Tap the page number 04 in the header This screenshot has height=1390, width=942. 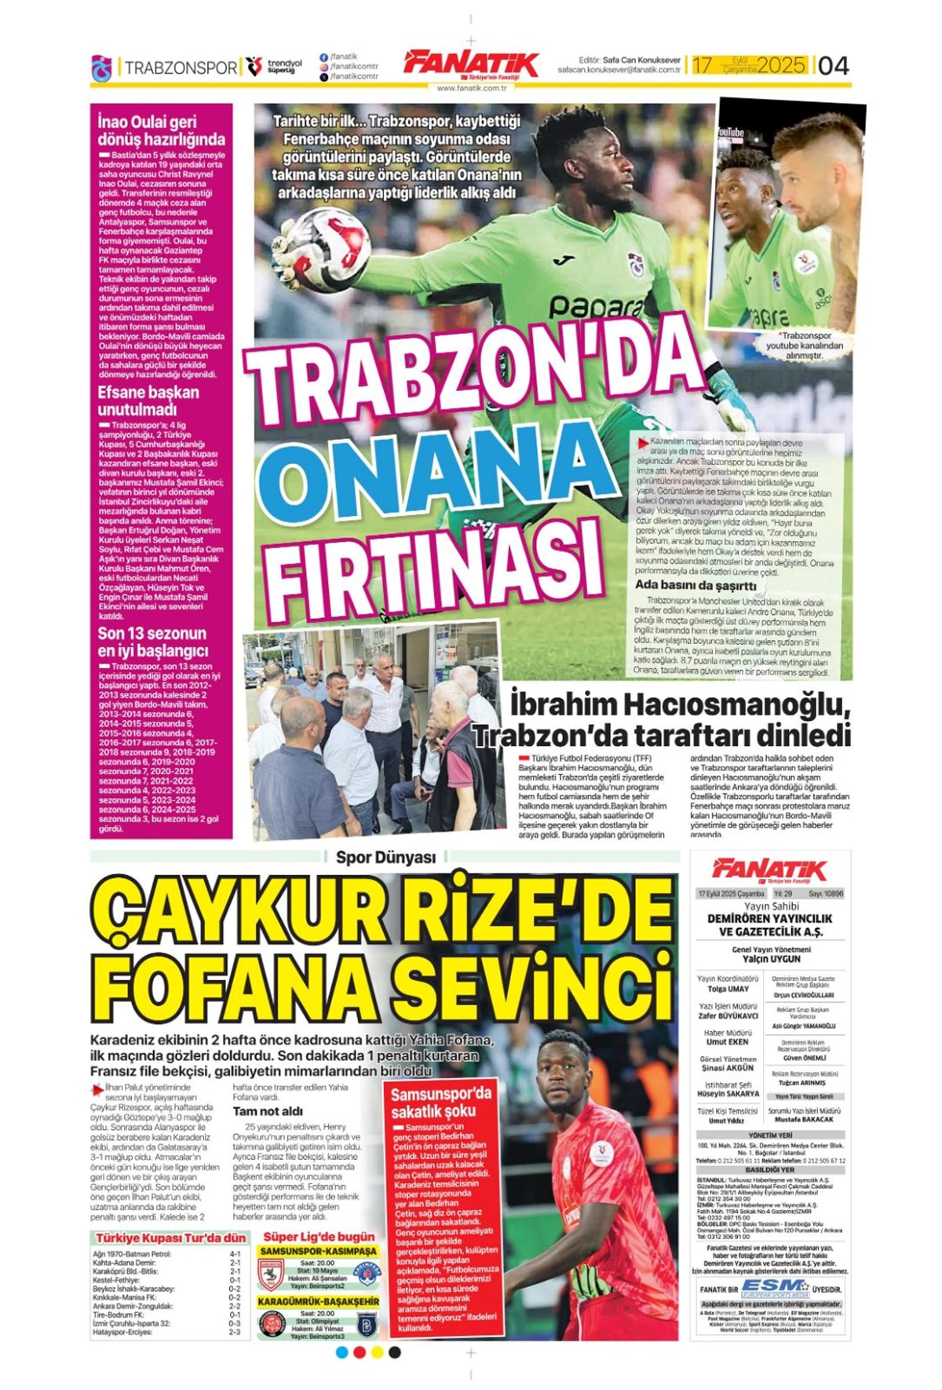(833, 66)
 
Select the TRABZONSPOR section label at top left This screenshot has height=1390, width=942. (180, 68)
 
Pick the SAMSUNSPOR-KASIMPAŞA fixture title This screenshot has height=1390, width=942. (318, 1249)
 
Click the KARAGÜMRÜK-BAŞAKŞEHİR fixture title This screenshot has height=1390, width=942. (318, 1301)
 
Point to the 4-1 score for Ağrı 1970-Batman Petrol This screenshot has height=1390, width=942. (235, 1254)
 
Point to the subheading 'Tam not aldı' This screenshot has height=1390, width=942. (268, 1111)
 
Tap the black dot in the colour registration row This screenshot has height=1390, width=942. (395, 1352)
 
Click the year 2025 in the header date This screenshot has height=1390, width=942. (781, 65)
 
